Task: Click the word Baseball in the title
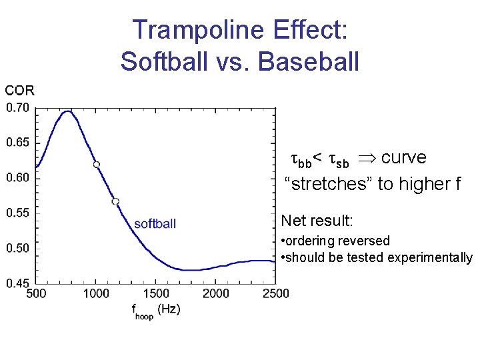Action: tap(308, 61)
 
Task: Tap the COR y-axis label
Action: tap(19, 90)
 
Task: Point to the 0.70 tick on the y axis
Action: tap(17, 107)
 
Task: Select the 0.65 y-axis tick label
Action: tap(17, 143)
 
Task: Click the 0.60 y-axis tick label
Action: tap(17, 178)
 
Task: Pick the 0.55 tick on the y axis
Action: tap(17, 213)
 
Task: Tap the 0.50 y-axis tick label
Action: tap(17, 249)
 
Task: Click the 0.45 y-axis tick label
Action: tap(17, 283)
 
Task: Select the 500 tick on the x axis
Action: tap(36, 294)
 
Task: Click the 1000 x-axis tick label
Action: tap(96, 294)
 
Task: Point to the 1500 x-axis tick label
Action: tap(156, 294)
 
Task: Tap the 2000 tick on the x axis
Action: tap(216, 294)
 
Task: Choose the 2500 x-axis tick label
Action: tap(275, 294)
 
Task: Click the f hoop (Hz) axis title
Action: tap(155, 310)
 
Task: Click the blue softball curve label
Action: tap(155, 224)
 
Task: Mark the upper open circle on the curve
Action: tap(97, 164)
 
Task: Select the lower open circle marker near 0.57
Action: tap(115, 201)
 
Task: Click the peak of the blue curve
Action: tap(67, 111)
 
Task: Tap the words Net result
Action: tap(317, 220)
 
